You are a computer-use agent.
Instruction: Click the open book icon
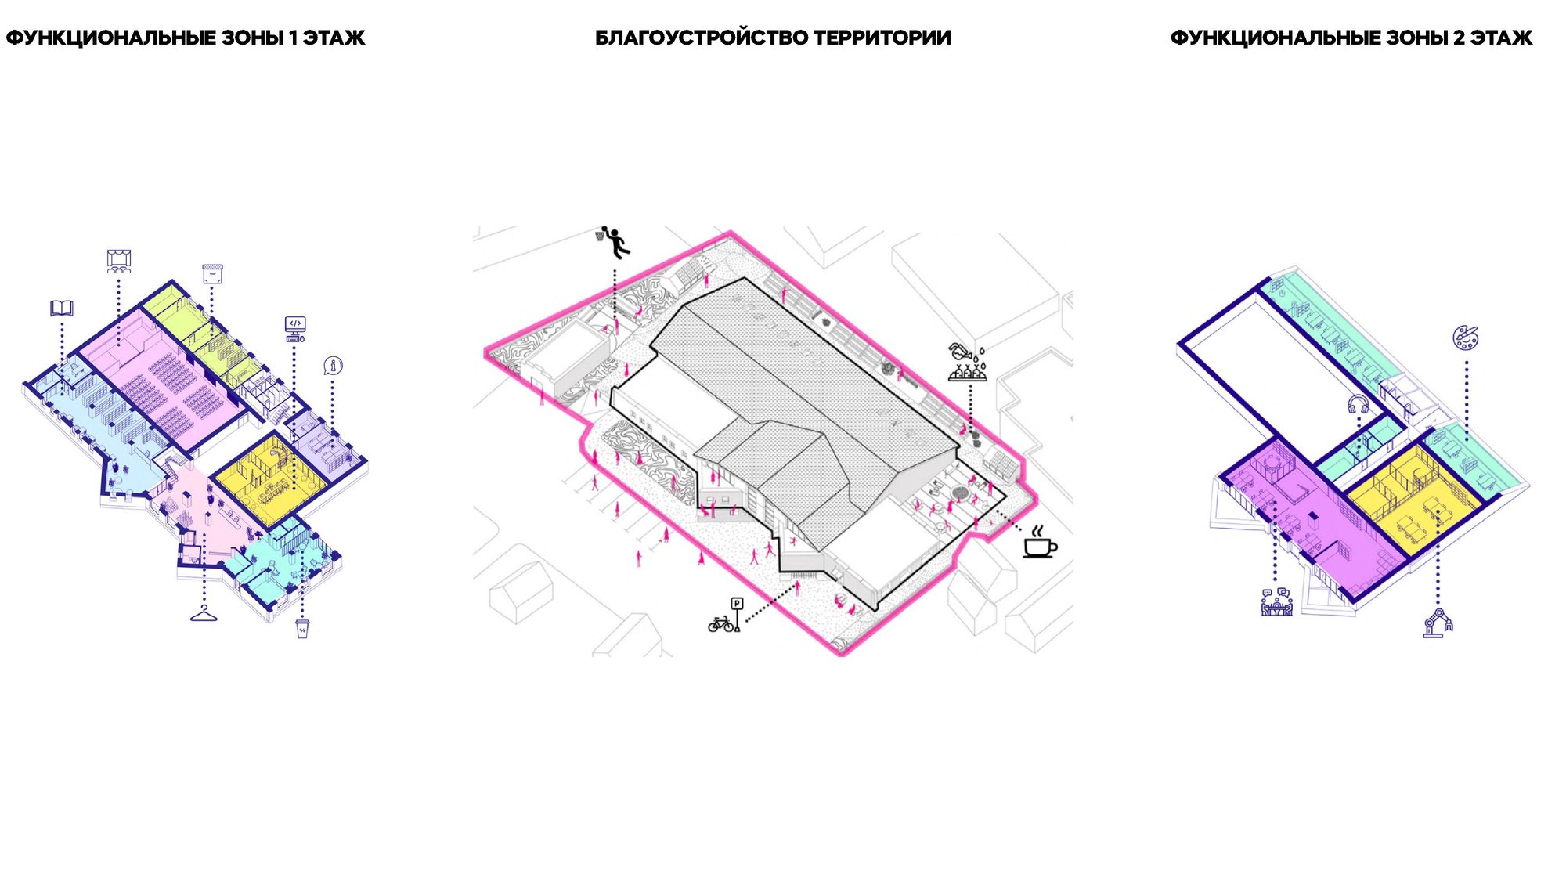point(62,308)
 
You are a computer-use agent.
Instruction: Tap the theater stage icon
point(119,261)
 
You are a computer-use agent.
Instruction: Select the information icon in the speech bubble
point(334,366)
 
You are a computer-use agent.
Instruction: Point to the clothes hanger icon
point(204,614)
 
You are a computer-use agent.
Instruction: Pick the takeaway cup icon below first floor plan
point(303,628)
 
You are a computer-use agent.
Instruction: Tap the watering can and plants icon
point(968,363)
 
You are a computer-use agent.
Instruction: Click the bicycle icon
point(720,624)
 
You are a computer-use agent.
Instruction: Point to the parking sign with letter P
point(737,613)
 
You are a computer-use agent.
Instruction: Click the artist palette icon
point(1466,338)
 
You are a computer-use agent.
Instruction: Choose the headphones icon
point(1358,405)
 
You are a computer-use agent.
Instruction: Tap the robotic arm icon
point(1438,623)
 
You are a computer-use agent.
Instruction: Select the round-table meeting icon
point(1276,601)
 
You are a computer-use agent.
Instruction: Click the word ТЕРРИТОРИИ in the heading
point(882,38)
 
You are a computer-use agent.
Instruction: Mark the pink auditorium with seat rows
point(161,376)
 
